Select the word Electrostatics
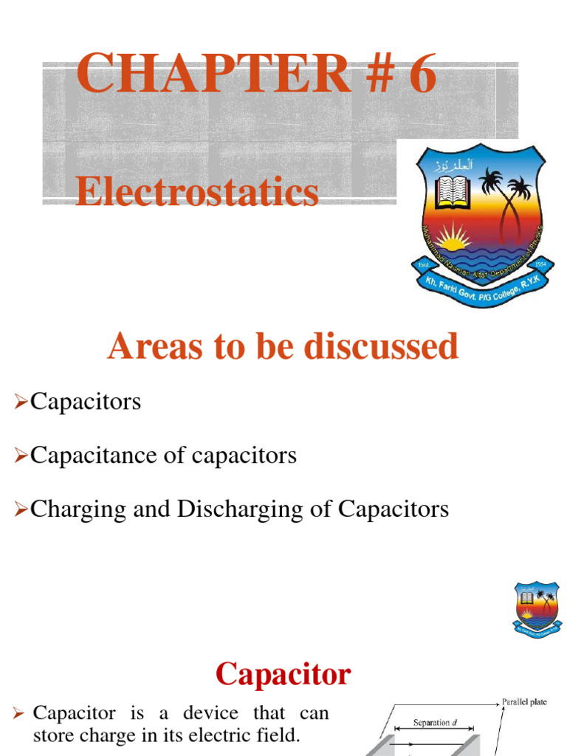[x=197, y=193]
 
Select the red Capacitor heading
[x=283, y=673]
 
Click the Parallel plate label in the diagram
[x=524, y=702]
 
